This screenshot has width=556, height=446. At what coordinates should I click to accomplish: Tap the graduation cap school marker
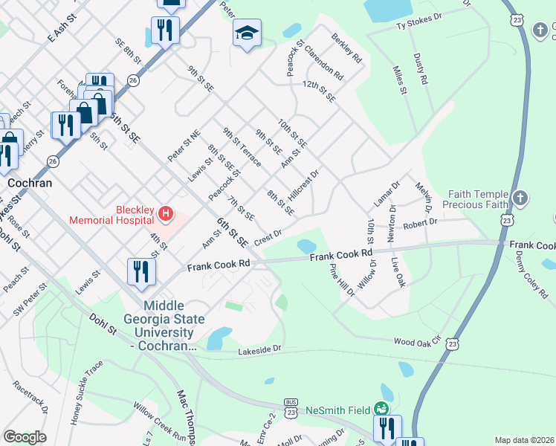(247, 33)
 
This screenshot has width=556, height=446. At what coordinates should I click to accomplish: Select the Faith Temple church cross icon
(520, 198)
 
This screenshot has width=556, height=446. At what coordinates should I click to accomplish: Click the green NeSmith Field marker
(381, 409)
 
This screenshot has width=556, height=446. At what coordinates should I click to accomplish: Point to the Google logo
(25, 436)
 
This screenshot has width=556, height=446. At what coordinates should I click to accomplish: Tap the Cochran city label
(28, 181)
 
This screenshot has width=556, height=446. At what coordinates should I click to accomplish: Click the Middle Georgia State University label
(171, 326)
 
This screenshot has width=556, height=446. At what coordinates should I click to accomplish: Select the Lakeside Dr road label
(260, 349)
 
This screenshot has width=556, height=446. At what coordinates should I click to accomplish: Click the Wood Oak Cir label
(418, 342)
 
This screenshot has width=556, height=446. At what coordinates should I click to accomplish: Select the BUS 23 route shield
(291, 407)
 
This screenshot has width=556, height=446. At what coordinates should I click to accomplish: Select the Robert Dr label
(421, 222)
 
